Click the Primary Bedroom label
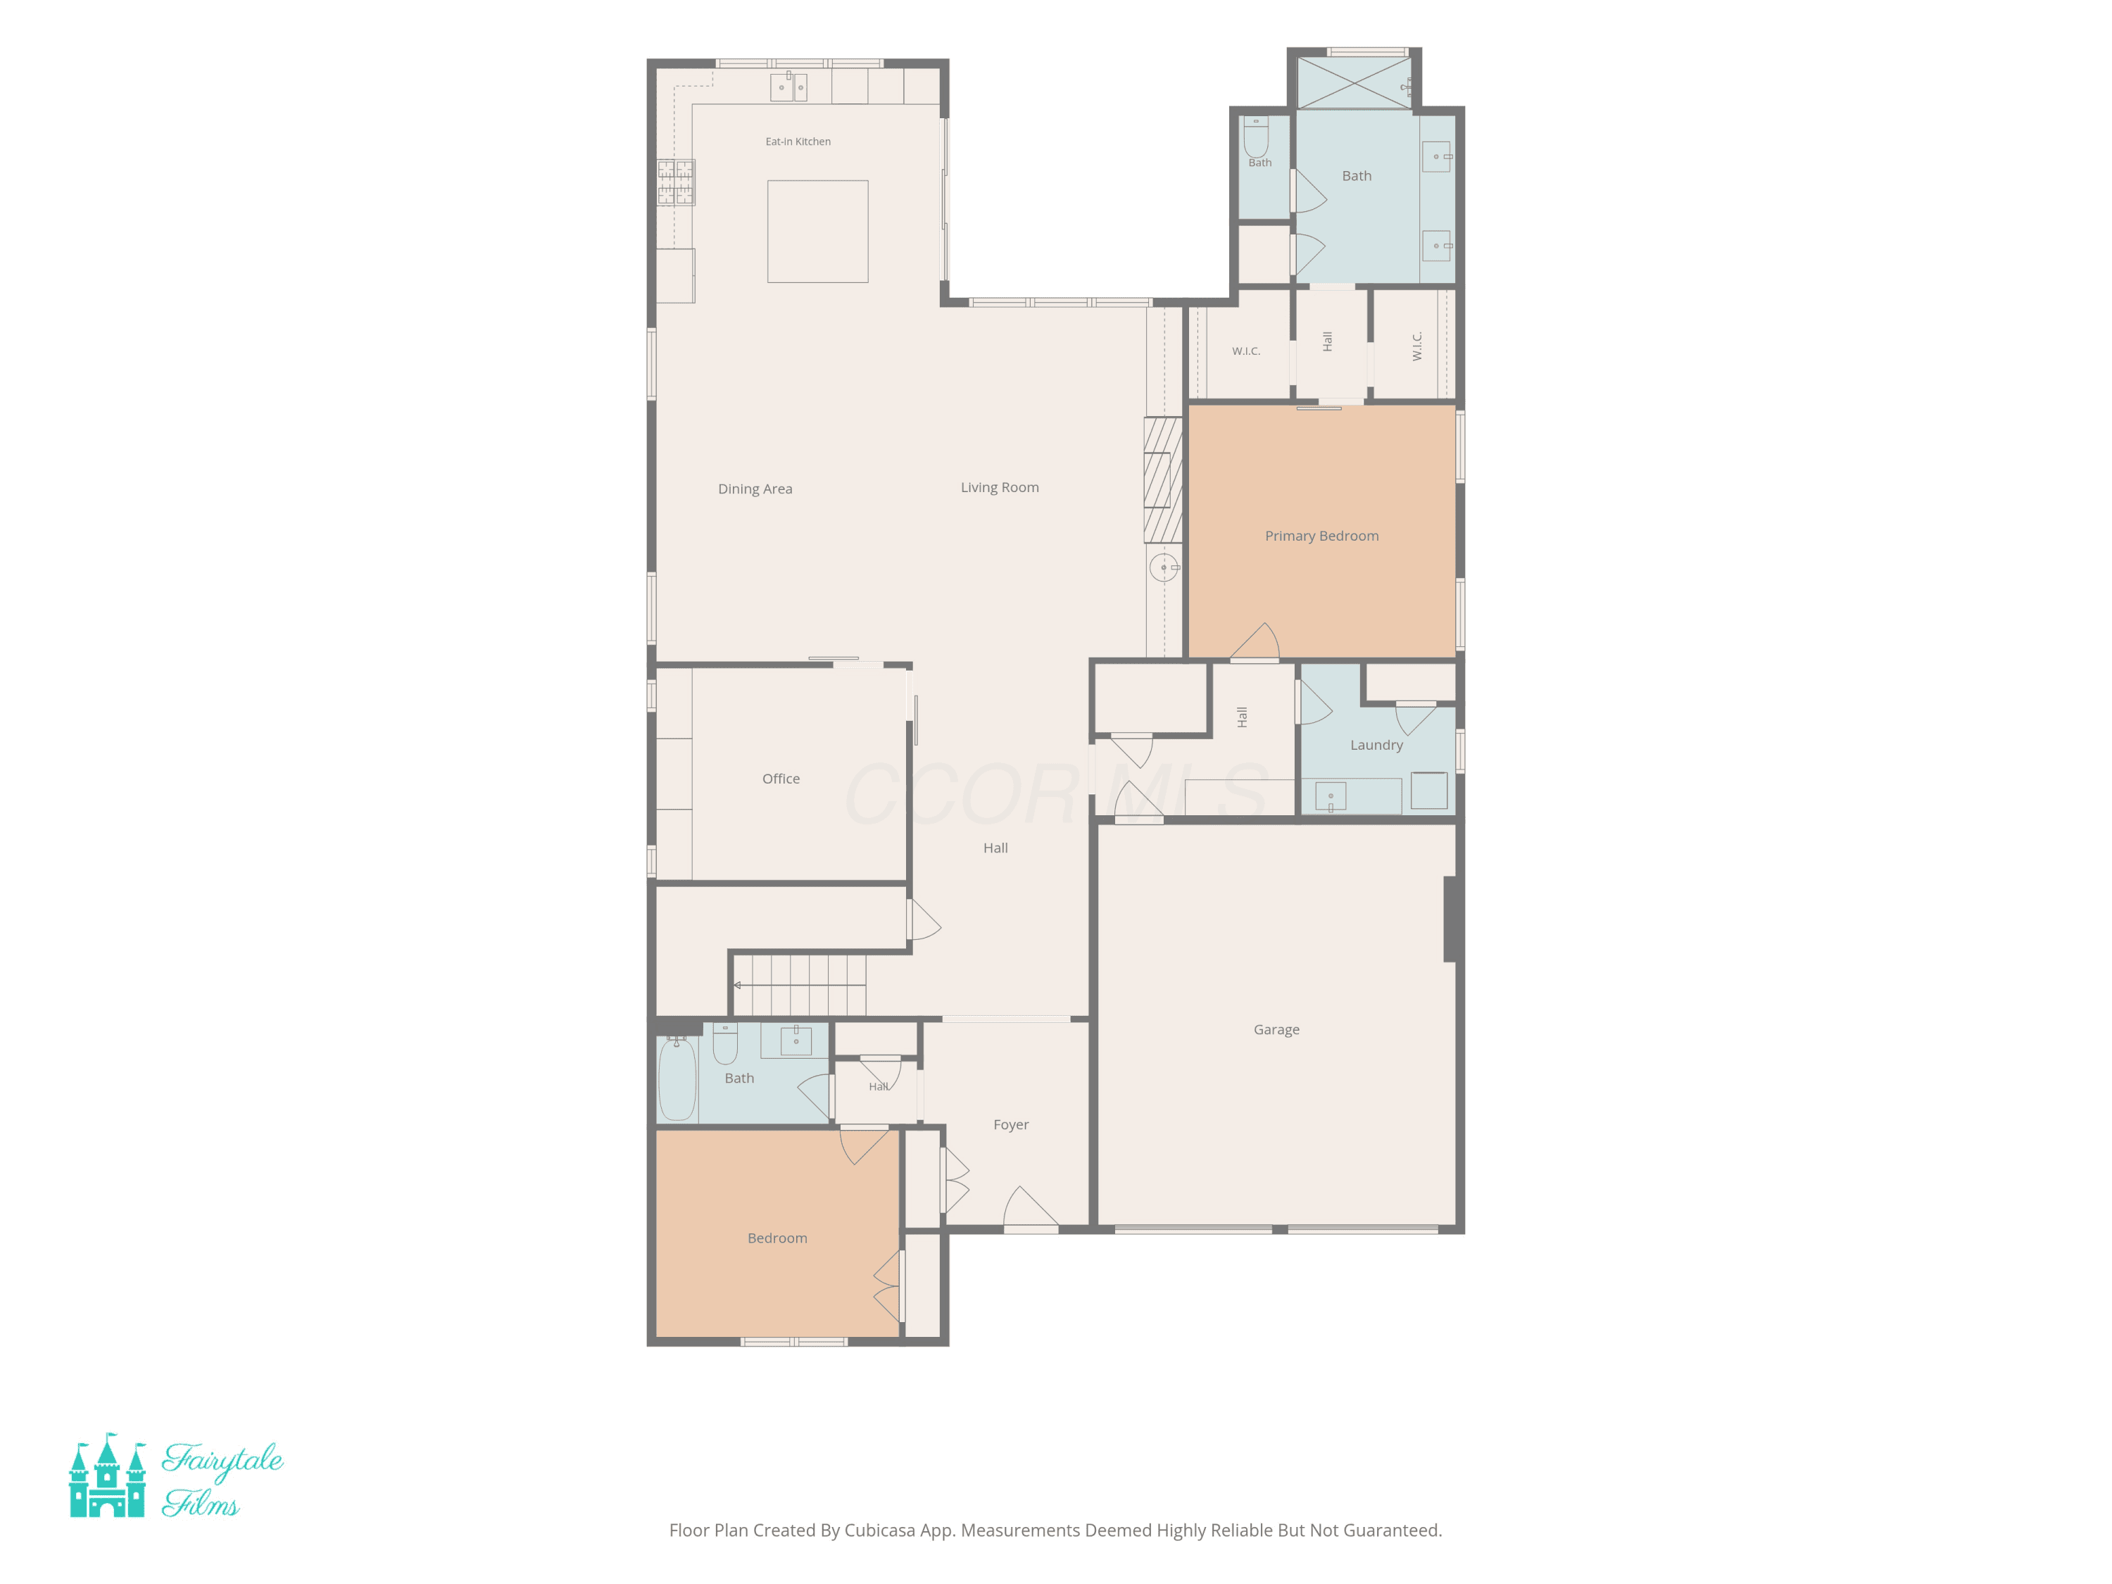pyautogui.click(x=1321, y=536)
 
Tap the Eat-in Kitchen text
pyautogui.click(x=798, y=142)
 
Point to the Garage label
pyautogui.click(x=1276, y=1030)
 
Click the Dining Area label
pyautogui.click(x=755, y=489)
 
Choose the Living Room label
pyautogui.click(x=1000, y=488)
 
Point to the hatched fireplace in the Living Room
pyautogui.click(x=1163, y=480)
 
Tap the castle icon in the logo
pyautogui.click(x=107, y=1475)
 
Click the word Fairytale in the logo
pyautogui.click(x=222, y=1461)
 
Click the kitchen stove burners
pyautogui.click(x=675, y=182)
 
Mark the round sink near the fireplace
pyautogui.click(x=1164, y=567)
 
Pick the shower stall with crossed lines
pyautogui.click(x=1354, y=83)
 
